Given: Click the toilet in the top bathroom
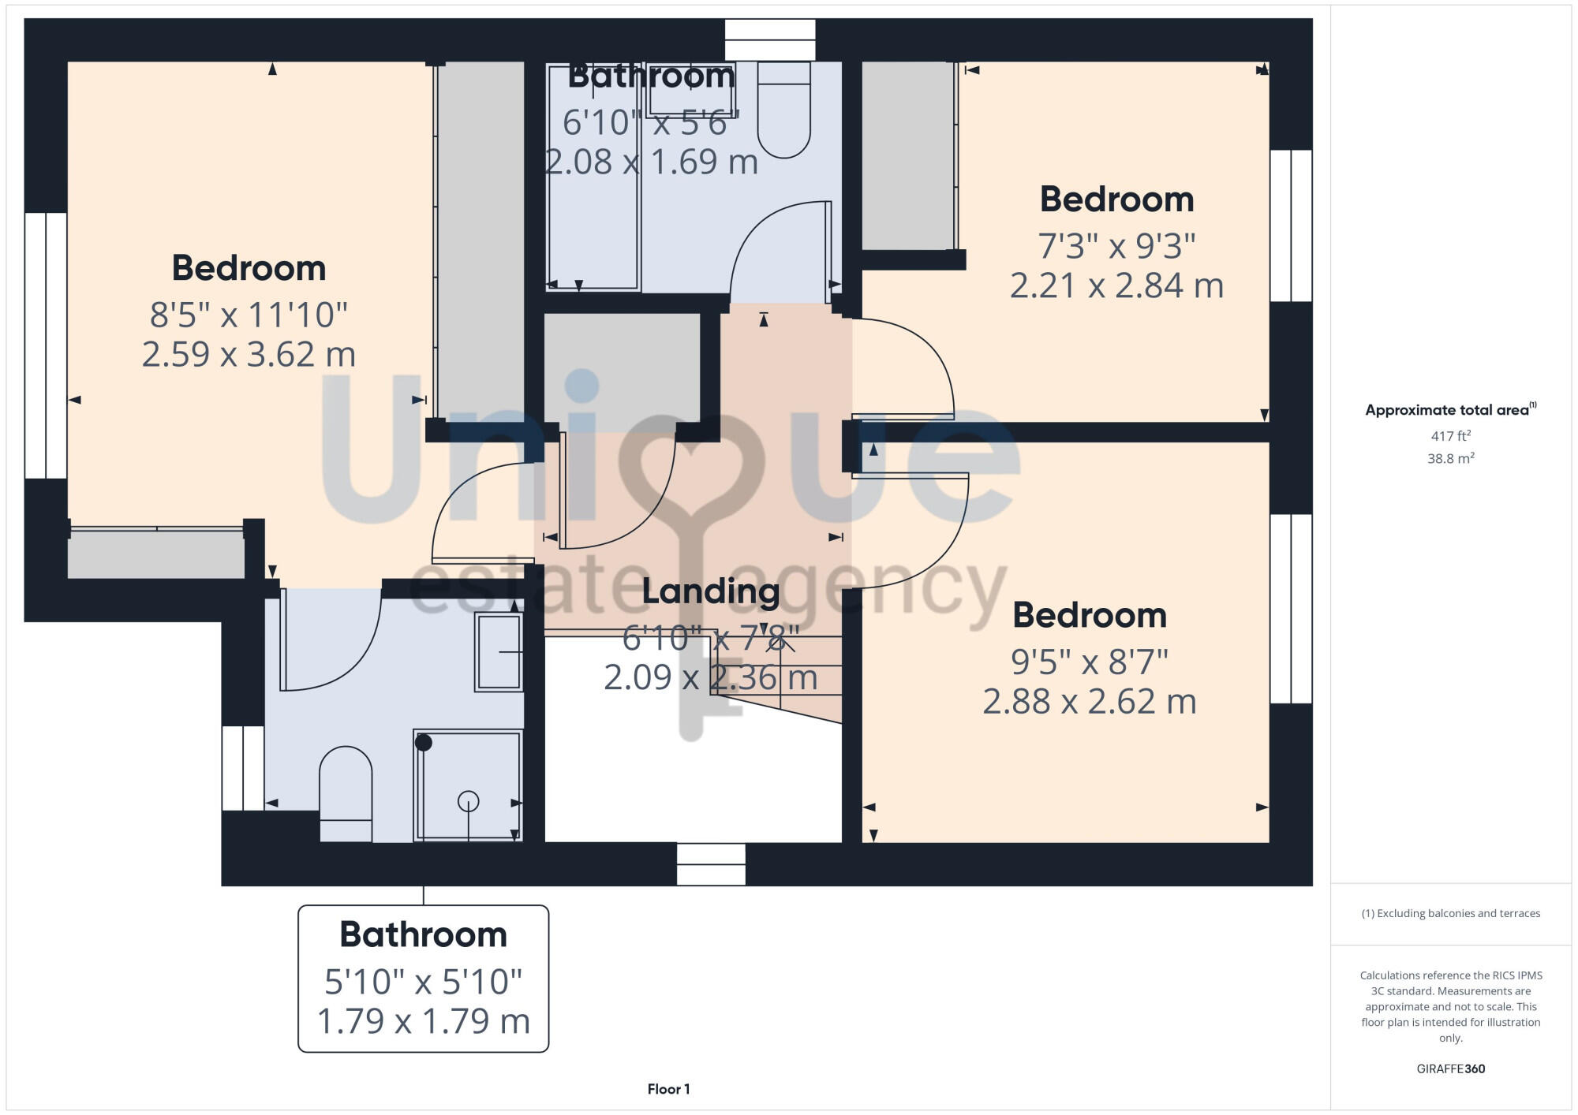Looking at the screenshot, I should pos(783,114).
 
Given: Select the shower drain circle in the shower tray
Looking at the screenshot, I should pos(468,802).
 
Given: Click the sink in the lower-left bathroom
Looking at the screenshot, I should pos(499,652).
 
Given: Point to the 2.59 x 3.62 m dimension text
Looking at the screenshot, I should pos(249,354).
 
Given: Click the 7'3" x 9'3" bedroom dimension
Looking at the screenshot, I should pos(1116,246).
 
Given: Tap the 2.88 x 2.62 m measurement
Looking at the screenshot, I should pos(1089,701).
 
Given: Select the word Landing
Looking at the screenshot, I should pos(710,591).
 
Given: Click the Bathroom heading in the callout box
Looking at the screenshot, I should pos(423,934).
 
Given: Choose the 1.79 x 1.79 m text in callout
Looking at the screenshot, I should pos(423,1021).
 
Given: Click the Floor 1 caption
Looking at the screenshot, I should pos(668,1089).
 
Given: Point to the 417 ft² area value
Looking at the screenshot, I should pos(1450,435).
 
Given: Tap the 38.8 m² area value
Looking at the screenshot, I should pos(1450,458).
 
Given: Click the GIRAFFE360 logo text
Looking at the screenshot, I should pos(1450,1069).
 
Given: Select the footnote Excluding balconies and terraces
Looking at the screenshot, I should pos(1450,913).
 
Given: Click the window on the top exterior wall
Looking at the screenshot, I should pos(769,39).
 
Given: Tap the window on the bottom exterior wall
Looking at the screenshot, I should pos(711,863).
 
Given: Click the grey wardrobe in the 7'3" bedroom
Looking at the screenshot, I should pos(907,156).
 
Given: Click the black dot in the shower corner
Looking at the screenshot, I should pos(424,742).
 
